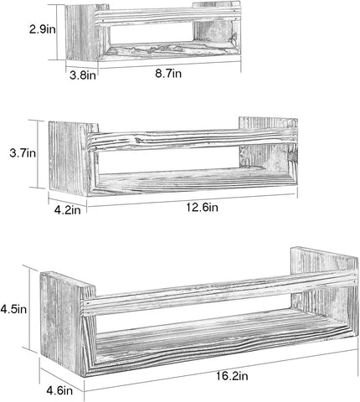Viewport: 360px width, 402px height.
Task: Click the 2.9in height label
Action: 43,29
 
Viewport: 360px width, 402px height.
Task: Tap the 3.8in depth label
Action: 83,75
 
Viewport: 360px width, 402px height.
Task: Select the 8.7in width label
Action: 168,74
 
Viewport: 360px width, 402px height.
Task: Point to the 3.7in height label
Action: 23,153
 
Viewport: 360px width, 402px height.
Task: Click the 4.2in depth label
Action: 68,210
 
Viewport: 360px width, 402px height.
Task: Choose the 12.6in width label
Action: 203,208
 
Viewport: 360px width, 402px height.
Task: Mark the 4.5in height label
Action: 13,309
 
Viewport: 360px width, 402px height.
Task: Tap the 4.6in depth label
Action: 59,390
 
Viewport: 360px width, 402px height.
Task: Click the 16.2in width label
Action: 232,376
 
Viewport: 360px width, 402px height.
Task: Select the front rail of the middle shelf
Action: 193,141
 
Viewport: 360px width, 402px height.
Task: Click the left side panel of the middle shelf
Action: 69,158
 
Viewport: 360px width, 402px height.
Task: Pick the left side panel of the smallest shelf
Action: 81,32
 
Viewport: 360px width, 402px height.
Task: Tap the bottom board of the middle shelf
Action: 193,182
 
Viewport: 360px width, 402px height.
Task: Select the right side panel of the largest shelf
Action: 325,285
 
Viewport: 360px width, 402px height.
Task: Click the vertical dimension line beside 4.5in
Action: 29,307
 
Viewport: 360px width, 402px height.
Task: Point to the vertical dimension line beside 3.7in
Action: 37,153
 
